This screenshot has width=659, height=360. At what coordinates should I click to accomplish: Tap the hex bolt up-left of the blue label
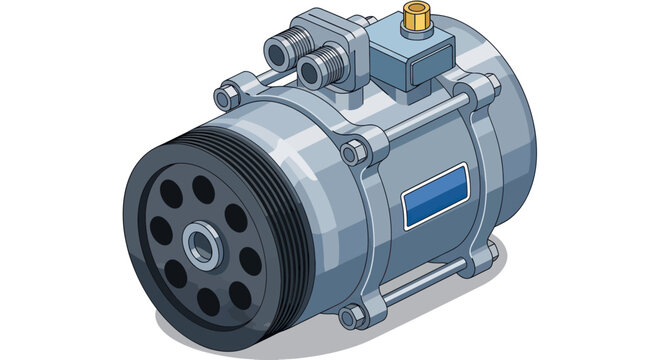tap(352, 152)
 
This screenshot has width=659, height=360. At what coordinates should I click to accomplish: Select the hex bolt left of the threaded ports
tap(225, 96)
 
